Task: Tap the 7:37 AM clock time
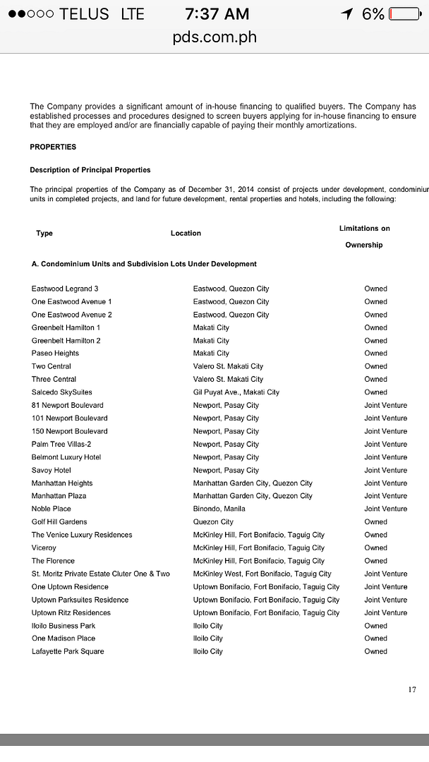pyautogui.click(x=217, y=14)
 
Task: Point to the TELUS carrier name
pyautogui.click(x=85, y=14)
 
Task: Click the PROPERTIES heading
pyautogui.click(x=53, y=147)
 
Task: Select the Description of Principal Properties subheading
pyautogui.click(x=90, y=170)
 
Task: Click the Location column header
pyautogui.click(x=186, y=233)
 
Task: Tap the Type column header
pyautogui.click(x=44, y=233)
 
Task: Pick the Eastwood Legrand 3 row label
pyautogui.click(x=65, y=289)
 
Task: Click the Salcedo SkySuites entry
pyautogui.click(x=61, y=392)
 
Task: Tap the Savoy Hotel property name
pyautogui.click(x=51, y=470)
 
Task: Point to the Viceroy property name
pyautogui.click(x=44, y=548)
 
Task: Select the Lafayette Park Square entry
pyautogui.click(x=67, y=651)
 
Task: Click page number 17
pyautogui.click(x=411, y=690)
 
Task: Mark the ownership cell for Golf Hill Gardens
pyautogui.click(x=375, y=522)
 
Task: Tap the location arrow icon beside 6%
pyautogui.click(x=346, y=14)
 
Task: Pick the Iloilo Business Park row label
pyautogui.click(x=63, y=626)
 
